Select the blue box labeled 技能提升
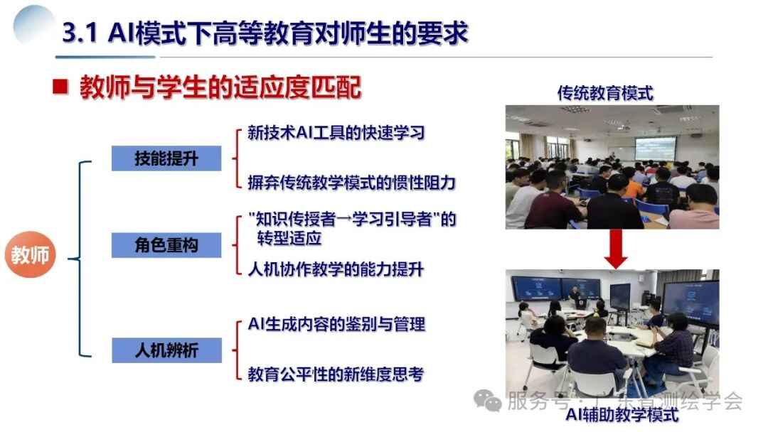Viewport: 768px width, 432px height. [x=166, y=158]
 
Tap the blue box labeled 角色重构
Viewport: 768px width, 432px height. [x=166, y=245]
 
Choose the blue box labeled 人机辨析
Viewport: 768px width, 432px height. [x=166, y=350]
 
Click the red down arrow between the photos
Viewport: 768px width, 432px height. [x=615, y=249]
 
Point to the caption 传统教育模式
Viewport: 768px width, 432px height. [x=605, y=93]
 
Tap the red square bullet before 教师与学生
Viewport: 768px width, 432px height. [x=61, y=88]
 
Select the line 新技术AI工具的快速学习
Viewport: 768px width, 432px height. [x=336, y=133]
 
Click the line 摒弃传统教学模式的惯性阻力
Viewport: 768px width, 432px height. [x=351, y=183]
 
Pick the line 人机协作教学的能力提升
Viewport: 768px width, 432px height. [x=336, y=269]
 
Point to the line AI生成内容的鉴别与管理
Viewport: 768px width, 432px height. [x=336, y=325]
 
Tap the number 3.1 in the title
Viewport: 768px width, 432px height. [x=80, y=34]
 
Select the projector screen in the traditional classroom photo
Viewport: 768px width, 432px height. [x=656, y=148]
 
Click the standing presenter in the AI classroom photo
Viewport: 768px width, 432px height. [x=574, y=295]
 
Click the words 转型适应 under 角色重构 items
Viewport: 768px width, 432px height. [x=289, y=238]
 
